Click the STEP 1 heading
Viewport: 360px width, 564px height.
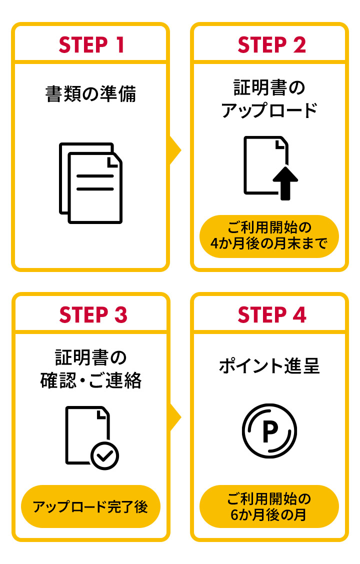pyautogui.click(x=90, y=45)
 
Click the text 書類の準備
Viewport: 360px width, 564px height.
pyautogui.click(x=90, y=94)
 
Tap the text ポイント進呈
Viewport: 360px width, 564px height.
pyautogui.click(x=269, y=366)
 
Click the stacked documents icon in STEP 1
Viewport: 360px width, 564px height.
pyautogui.click(x=90, y=183)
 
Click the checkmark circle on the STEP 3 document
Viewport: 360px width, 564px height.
pyautogui.click(x=104, y=455)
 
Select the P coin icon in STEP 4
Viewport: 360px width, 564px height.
pyautogui.click(x=269, y=431)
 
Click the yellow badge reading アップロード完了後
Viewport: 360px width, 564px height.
pyautogui.click(x=90, y=506)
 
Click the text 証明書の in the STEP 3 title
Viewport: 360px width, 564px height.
pyautogui.click(x=90, y=358)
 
